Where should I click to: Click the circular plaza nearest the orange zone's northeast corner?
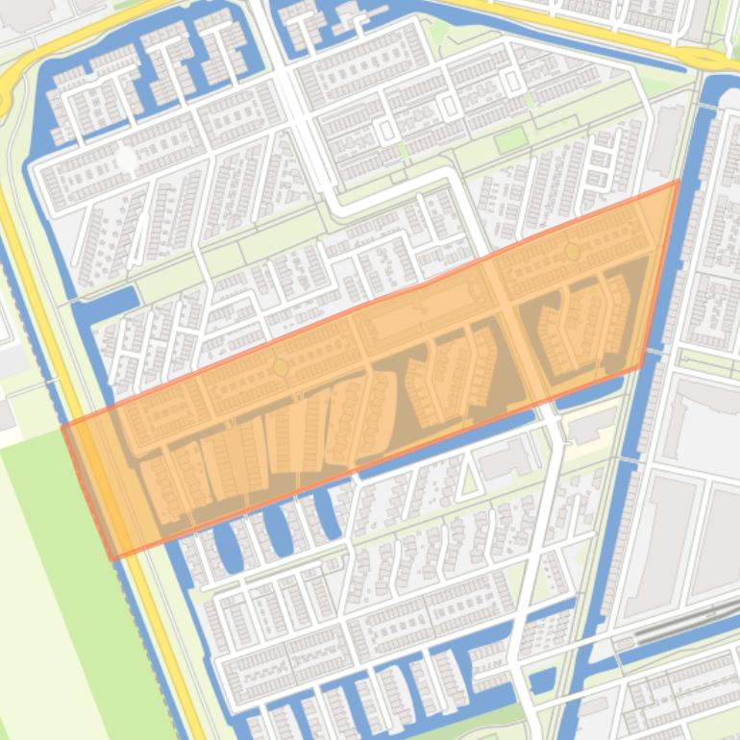pos(573,252)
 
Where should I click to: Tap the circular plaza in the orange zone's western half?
pos(281,367)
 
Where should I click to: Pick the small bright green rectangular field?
pos(510,140)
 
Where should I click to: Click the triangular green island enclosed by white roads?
pos(468,478)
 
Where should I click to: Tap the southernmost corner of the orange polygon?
pos(112,558)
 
